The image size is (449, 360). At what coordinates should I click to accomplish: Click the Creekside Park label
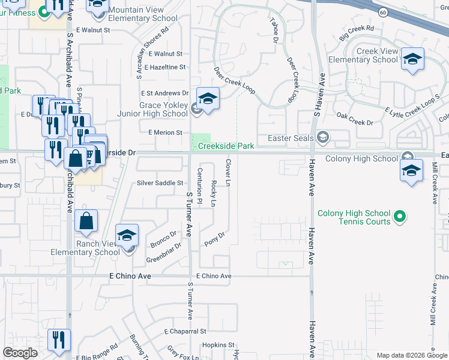pyautogui.click(x=226, y=146)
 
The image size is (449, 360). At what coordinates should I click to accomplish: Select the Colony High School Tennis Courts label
pyautogui.click(x=354, y=218)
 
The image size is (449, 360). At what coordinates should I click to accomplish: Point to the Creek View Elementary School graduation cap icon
pyautogui.click(x=412, y=59)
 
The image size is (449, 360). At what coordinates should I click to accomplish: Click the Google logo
pyautogui.click(x=20, y=353)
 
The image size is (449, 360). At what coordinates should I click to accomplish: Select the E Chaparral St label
pyautogui.click(x=185, y=331)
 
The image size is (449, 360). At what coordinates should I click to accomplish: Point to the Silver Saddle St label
pyautogui.click(x=160, y=183)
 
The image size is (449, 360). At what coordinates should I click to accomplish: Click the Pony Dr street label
pyautogui.click(x=214, y=239)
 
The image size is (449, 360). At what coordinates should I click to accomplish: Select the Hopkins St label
pyautogui.click(x=217, y=345)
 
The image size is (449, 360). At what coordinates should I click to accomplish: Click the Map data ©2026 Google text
pyautogui.click(x=411, y=355)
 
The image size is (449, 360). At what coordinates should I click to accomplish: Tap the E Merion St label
pyautogui.click(x=165, y=133)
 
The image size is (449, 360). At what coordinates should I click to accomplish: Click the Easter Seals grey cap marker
pyautogui.click(x=323, y=138)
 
